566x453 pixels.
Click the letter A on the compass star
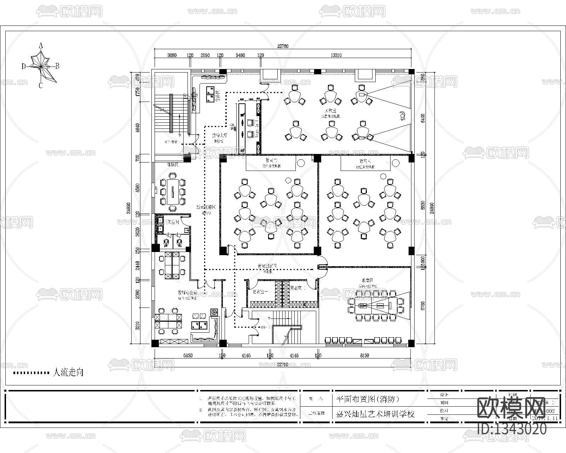point(41,45)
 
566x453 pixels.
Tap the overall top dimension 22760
point(283,46)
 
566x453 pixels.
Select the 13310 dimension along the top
point(336,55)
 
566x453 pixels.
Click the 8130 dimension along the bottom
point(364,355)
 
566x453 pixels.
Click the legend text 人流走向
point(68,372)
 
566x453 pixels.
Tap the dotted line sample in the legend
point(31,373)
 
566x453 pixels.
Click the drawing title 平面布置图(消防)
point(367,399)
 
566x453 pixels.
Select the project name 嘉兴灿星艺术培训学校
point(375,414)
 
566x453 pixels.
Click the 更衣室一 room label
point(260,292)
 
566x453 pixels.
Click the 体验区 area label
point(172,165)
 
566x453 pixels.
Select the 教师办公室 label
point(187,293)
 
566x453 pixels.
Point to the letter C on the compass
point(41,86)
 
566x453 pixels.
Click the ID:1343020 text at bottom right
point(512,429)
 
